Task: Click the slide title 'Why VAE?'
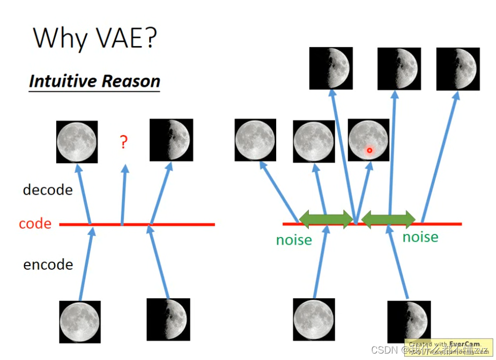(x=94, y=38)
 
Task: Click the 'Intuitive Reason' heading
(x=94, y=81)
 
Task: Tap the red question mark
(x=124, y=142)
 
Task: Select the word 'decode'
(x=48, y=189)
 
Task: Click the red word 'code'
(x=35, y=224)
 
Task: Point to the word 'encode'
(x=48, y=265)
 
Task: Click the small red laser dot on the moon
(x=369, y=151)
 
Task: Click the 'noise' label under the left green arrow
(x=294, y=239)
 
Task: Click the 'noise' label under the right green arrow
(x=420, y=237)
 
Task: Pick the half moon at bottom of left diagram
(x=168, y=319)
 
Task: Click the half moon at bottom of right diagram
(x=409, y=322)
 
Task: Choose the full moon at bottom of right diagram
(x=314, y=320)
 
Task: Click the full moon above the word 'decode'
(x=77, y=142)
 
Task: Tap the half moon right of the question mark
(x=171, y=140)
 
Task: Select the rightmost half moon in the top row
(x=457, y=69)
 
